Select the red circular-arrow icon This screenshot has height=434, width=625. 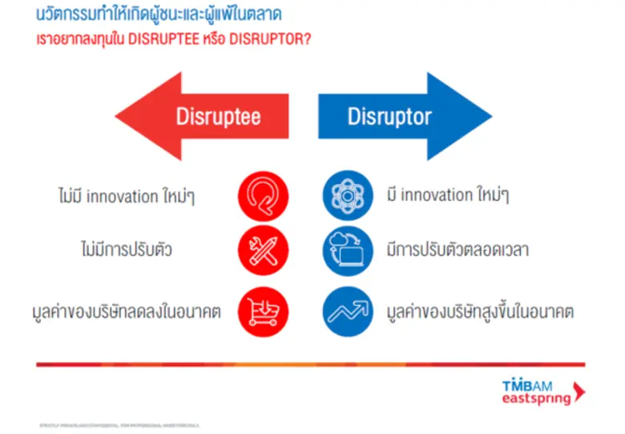point(262,195)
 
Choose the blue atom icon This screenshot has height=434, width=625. point(348,195)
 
